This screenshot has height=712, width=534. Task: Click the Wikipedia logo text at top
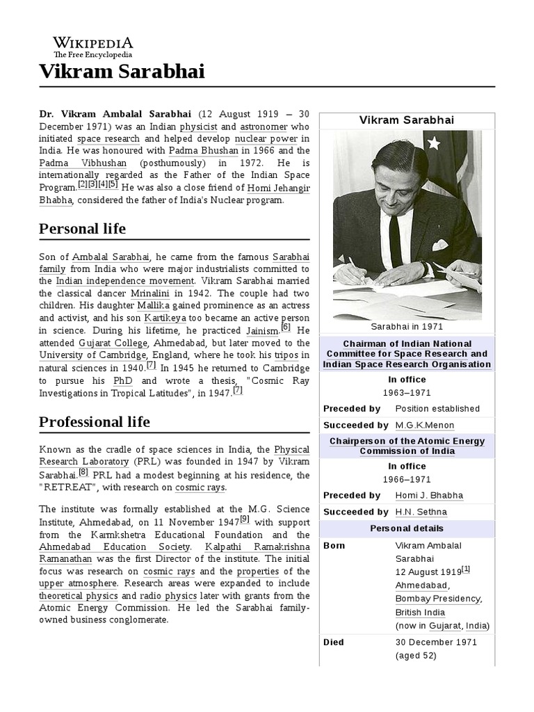[93, 42]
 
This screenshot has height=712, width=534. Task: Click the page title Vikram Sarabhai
[122, 72]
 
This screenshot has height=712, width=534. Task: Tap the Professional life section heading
[94, 421]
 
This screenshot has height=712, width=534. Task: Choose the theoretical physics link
[79, 596]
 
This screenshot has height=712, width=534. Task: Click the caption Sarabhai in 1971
[407, 326]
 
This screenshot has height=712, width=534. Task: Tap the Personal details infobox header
[407, 528]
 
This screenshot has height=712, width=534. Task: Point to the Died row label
[334, 642]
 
